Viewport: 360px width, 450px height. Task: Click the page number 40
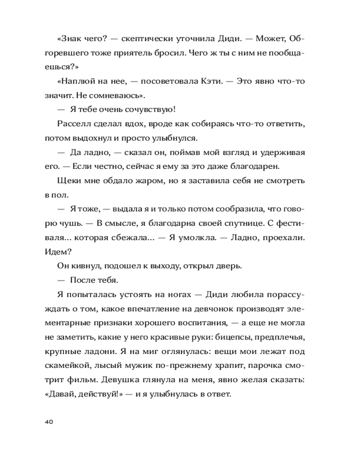point(49,422)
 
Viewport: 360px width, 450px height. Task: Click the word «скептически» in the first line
point(146,39)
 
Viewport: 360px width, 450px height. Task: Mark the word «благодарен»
point(257,166)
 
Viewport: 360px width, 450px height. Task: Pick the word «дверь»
point(229,265)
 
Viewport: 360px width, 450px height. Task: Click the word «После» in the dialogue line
point(82,280)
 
